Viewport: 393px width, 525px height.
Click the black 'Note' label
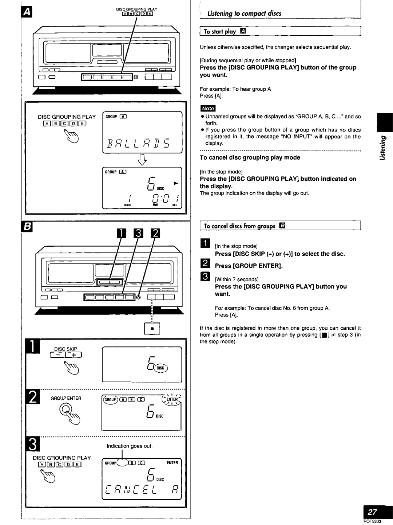(x=208, y=108)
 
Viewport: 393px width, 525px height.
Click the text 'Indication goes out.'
(x=124, y=446)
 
